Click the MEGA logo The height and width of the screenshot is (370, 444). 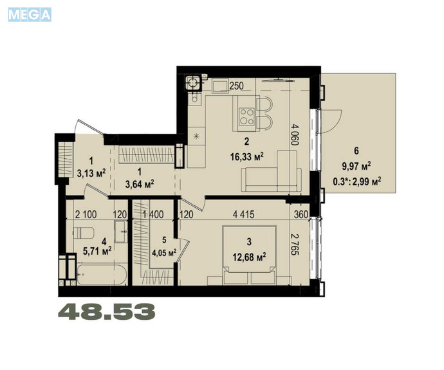[x=30, y=15]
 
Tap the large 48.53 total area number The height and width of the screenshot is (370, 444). [x=107, y=311]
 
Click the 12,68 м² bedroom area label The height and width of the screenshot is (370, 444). [x=249, y=257]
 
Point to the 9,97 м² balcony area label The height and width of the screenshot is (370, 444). [x=356, y=166]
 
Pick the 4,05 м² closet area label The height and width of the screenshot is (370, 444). [x=165, y=252]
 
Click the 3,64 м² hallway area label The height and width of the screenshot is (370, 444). [x=140, y=185]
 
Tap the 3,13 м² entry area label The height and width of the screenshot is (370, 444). [x=91, y=172]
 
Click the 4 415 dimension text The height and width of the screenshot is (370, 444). [x=243, y=214]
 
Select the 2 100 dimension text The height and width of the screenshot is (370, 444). [x=86, y=214]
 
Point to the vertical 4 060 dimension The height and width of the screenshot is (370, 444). [x=295, y=134]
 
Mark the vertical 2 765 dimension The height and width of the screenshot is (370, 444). [x=295, y=245]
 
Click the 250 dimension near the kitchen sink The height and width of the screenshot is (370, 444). [x=236, y=86]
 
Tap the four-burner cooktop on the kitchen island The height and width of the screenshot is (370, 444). [x=246, y=117]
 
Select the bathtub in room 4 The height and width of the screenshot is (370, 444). [x=102, y=274]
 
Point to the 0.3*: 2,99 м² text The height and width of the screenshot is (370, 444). [x=356, y=181]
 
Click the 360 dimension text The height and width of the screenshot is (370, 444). [x=301, y=214]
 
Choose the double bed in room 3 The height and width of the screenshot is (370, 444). [x=250, y=255]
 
